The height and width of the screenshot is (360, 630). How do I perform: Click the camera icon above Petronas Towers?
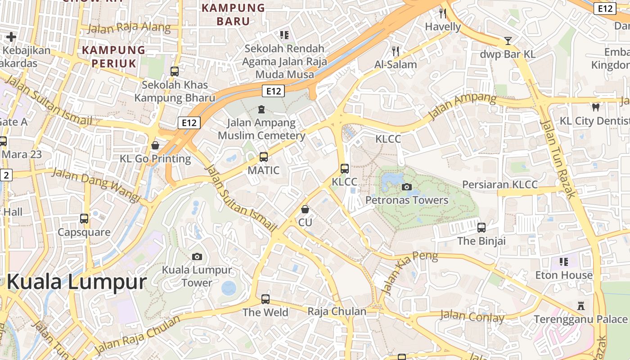pyautogui.click(x=407, y=187)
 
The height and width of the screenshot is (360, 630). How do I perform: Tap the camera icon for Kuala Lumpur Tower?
pyautogui.click(x=197, y=256)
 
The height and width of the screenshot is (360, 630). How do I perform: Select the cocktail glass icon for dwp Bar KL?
pyautogui.click(x=508, y=41)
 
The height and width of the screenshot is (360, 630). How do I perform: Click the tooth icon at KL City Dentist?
pyautogui.click(x=596, y=108)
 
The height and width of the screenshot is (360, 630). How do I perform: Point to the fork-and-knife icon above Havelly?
pyautogui.click(x=443, y=13)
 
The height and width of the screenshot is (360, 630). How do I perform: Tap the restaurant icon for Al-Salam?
pyautogui.click(x=396, y=51)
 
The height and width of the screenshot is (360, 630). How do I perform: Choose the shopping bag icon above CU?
pyautogui.click(x=305, y=209)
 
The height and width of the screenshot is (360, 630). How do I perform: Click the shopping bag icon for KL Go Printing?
pyautogui.click(x=155, y=145)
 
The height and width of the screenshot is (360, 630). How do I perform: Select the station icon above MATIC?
pyautogui.click(x=264, y=157)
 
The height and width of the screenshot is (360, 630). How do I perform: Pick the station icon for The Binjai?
pyautogui.click(x=481, y=227)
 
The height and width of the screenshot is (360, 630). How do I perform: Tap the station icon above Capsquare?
pyautogui.click(x=84, y=219)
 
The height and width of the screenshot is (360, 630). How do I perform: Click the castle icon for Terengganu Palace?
pyautogui.click(x=581, y=306)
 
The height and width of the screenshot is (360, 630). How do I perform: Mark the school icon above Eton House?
pyautogui.click(x=563, y=261)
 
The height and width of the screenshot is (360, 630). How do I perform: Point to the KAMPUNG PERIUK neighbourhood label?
pyautogui.click(x=114, y=56)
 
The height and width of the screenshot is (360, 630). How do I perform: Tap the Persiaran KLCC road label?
pyautogui.click(x=500, y=184)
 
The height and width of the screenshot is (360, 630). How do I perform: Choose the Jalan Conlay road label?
pyautogui.click(x=472, y=317)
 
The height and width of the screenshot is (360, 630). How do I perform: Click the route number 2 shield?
pyautogui.click(x=5, y=175)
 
